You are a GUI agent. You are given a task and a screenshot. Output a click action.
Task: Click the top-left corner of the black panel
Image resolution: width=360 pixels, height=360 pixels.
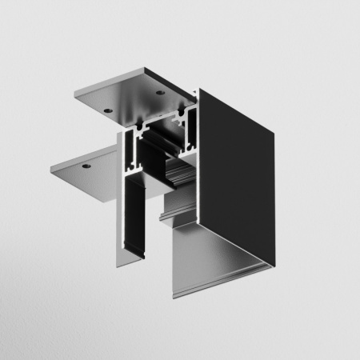coord(200,90)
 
